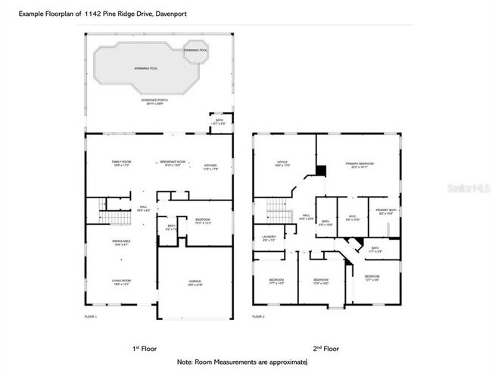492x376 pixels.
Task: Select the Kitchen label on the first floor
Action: coord(211,168)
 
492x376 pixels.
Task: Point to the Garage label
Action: coord(195,282)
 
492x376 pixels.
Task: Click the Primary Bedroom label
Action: coord(357,164)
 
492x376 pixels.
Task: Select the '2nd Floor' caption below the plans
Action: coord(325,349)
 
